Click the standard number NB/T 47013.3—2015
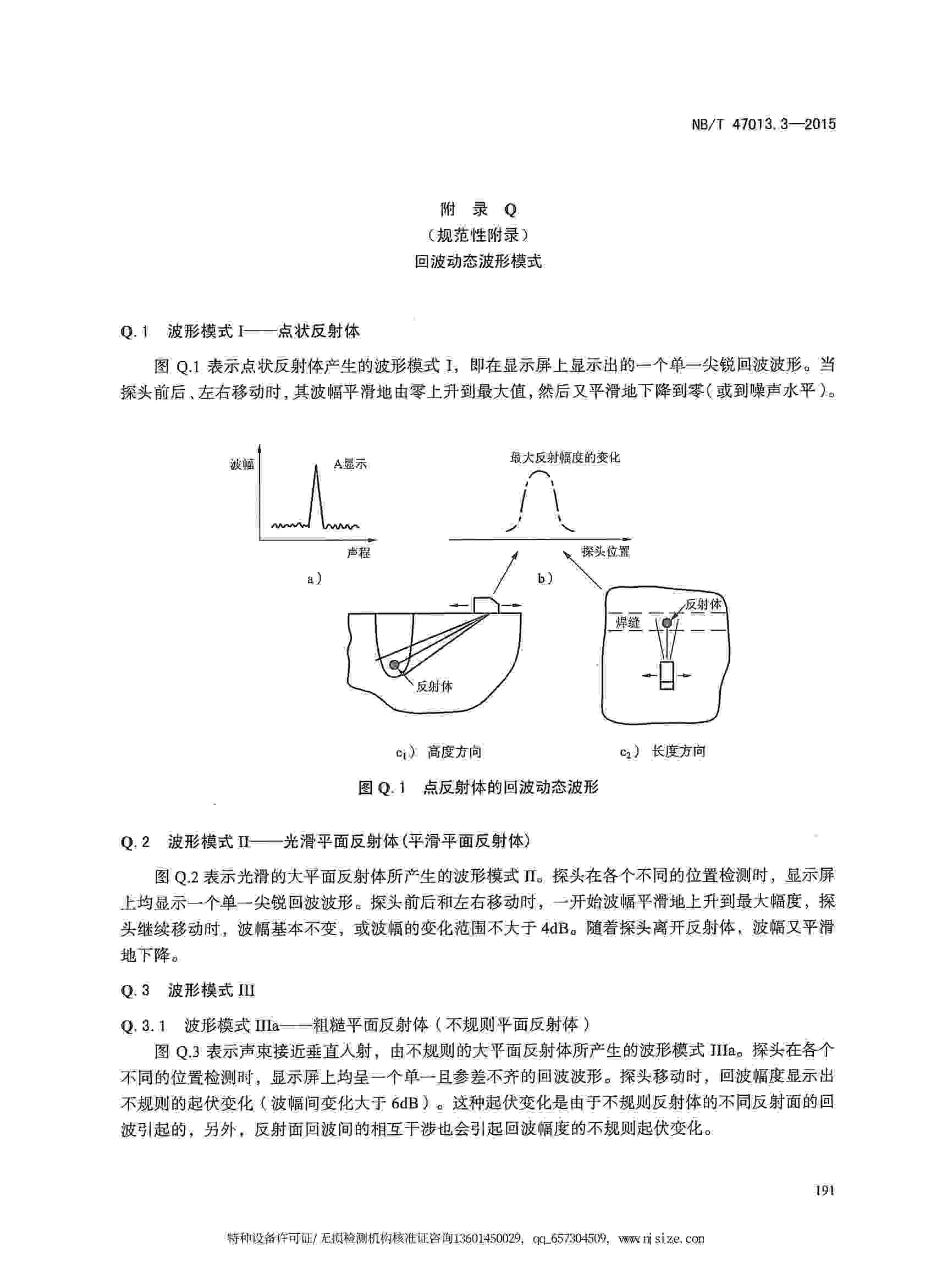(x=763, y=125)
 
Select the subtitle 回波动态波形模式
(x=477, y=261)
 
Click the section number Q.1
(x=134, y=331)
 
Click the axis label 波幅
(x=241, y=465)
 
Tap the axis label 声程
(x=358, y=552)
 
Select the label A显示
(x=350, y=465)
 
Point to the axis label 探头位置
(x=605, y=551)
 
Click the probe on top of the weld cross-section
(x=486, y=604)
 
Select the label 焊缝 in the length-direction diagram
(x=627, y=623)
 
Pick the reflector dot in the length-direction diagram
(x=667, y=623)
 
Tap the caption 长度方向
(x=678, y=751)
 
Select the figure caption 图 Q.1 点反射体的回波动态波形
(x=478, y=787)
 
